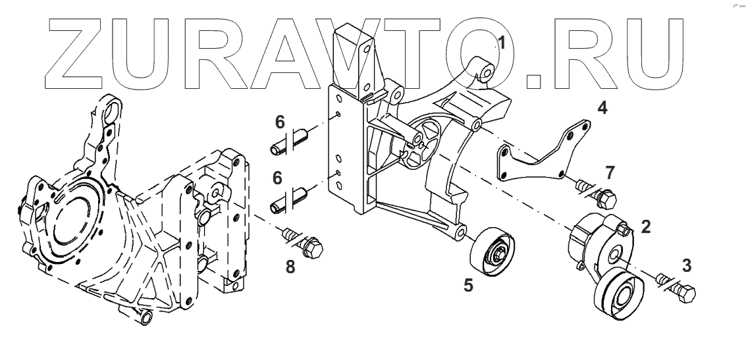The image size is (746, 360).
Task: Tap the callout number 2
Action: tap(646, 227)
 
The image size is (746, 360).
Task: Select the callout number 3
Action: tap(687, 266)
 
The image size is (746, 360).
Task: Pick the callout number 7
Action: tap(610, 173)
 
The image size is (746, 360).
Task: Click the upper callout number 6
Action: tap(279, 122)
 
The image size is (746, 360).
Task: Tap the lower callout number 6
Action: tap(279, 178)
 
